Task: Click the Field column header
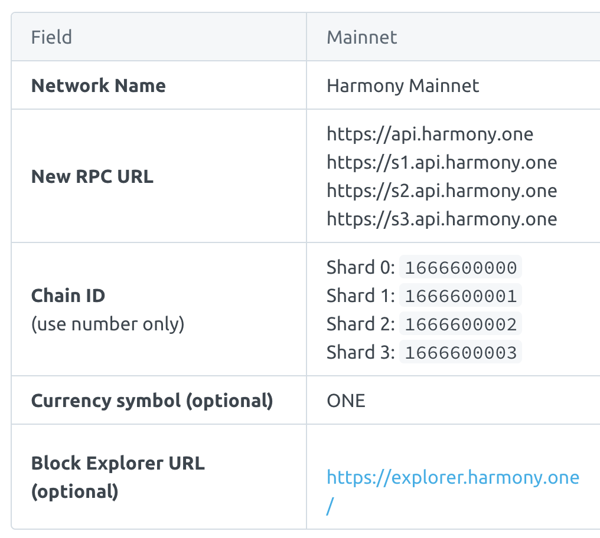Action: [x=51, y=37]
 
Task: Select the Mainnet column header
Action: [x=362, y=37]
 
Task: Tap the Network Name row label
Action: [x=98, y=86]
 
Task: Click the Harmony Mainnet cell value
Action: [x=403, y=86]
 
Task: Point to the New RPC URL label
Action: [x=92, y=176]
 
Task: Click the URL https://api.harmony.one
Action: [x=430, y=134]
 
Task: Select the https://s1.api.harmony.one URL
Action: [x=442, y=162]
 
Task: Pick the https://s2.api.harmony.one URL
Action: [x=442, y=191]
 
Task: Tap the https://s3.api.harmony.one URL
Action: [x=442, y=219]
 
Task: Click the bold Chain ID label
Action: [x=68, y=295]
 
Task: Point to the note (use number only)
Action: [x=107, y=324]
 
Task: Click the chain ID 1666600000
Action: [x=461, y=268]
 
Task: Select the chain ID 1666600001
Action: [x=461, y=296]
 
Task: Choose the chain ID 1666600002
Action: [x=461, y=324]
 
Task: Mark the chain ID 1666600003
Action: [x=461, y=353]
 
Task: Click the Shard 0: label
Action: [x=360, y=268]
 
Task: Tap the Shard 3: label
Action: [x=360, y=353]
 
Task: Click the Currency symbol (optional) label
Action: [x=152, y=401]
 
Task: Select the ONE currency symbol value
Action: [x=346, y=401]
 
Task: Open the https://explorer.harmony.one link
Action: [x=453, y=477]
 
